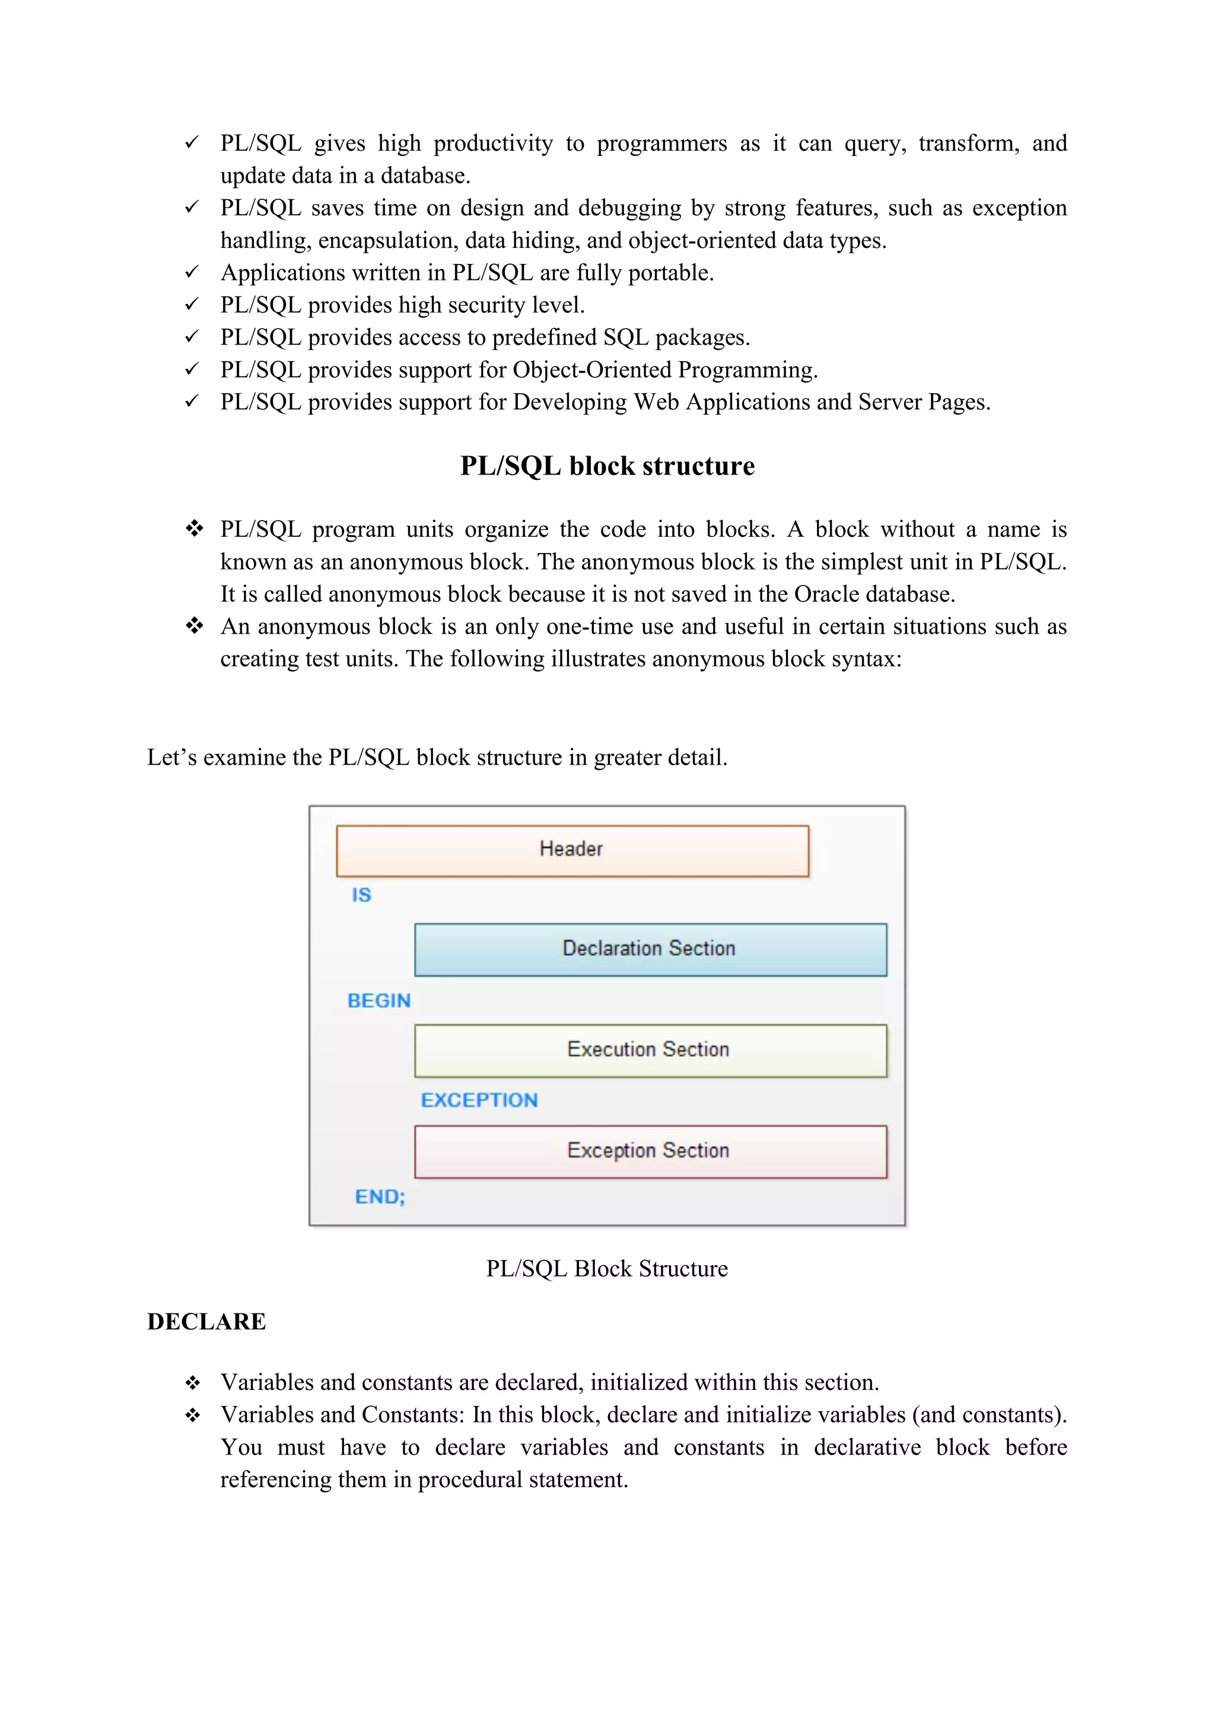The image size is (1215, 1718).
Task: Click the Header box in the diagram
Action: coord(572,850)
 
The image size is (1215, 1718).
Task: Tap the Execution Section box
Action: coord(650,1050)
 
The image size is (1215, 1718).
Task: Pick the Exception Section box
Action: coord(650,1151)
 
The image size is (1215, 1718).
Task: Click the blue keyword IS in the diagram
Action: coord(361,895)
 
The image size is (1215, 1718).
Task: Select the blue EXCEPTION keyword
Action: coord(479,1100)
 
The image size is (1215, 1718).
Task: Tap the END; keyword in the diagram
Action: coord(379,1197)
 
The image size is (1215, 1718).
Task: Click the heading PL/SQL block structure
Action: coord(607,466)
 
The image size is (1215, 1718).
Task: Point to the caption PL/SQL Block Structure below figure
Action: coord(607,1268)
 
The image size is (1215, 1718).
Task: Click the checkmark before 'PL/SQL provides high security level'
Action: coord(192,304)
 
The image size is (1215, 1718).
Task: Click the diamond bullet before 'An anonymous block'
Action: coord(195,625)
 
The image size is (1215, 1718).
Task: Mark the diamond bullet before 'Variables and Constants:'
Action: coord(193,1415)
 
